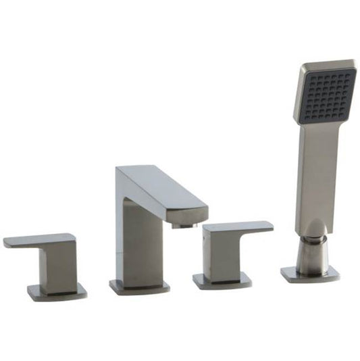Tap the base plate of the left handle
click(x=57, y=292)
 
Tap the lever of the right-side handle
click(x=238, y=228)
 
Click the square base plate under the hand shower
click(x=310, y=274)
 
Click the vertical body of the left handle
click(x=59, y=266)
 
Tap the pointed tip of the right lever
click(x=269, y=225)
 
